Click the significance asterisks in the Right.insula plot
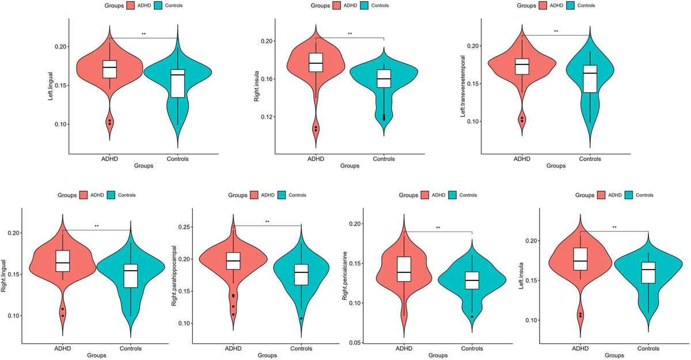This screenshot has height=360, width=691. tap(350, 34)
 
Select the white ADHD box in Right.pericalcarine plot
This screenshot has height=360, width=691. tap(404, 269)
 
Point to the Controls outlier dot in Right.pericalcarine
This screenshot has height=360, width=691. tap(472, 316)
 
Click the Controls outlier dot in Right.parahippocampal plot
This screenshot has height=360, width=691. tap(301, 319)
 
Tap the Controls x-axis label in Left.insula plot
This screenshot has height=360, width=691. tap(648, 348)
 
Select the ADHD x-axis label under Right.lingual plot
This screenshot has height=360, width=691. tap(62, 348)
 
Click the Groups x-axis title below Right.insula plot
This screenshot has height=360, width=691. tap(349, 166)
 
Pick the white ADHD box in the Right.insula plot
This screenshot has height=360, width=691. tap(316, 62)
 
